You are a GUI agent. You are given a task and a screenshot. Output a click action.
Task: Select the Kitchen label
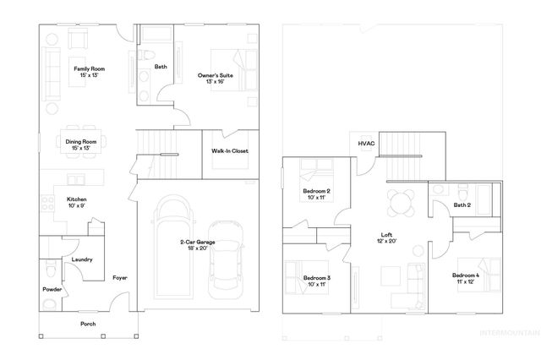click(x=77, y=199)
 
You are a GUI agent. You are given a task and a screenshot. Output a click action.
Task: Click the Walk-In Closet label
click(x=229, y=151)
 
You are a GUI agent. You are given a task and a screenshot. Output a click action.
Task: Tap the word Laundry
click(x=82, y=259)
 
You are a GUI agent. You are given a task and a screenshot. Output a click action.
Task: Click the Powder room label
click(x=52, y=290)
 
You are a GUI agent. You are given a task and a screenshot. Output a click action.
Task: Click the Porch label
click(x=88, y=324)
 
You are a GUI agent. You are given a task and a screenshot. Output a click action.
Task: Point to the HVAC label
click(x=365, y=145)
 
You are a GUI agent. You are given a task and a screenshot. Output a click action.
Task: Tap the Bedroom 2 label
click(x=316, y=191)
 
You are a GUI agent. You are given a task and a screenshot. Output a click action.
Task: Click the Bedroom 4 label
click(x=466, y=276)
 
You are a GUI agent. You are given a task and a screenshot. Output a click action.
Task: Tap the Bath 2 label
click(x=462, y=205)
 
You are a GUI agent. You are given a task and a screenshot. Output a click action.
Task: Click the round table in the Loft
click(x=401, y=202)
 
